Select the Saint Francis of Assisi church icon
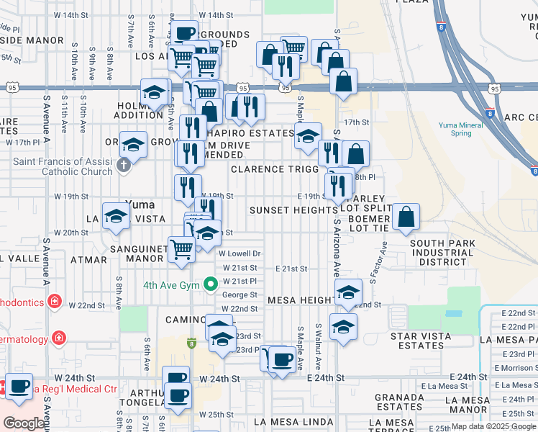tap(123, 167)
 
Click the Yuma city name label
tap(140, 204)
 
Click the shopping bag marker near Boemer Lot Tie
tap(406, 216)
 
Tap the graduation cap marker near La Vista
tap(116, 216)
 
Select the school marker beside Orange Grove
tap(133, 144)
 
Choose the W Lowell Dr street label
tap(240, 253)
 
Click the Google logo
tap(24, 423)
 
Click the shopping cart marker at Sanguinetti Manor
tap(181, 249)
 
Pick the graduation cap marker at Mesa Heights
tap(348, 292)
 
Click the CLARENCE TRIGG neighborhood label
tap(274, 169)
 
